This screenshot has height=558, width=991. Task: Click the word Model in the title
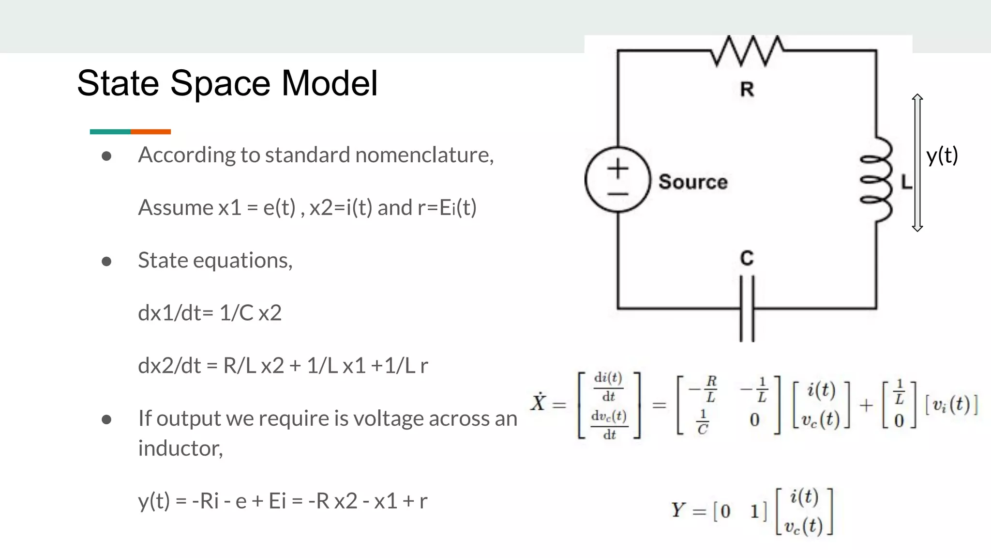(329, 83)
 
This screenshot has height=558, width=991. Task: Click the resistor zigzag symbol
(747, 50)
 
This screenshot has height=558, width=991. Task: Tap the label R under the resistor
(747, 90)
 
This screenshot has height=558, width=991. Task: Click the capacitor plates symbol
(747, 309)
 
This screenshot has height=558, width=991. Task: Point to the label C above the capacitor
(747, 258)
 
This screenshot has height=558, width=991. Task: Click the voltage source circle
(617, 180)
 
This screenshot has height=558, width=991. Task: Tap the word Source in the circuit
(692, 182)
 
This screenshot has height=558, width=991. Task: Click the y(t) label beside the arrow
(942, 156)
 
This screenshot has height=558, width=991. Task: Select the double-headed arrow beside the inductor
(917, 163)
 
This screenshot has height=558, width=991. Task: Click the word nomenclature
(424, 155)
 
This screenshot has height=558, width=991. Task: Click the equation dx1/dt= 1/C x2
(210, 313)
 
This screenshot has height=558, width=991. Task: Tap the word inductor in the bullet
(180, 448)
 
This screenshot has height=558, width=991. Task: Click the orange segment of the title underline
(150, 132)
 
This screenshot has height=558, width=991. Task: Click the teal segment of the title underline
(110, 132)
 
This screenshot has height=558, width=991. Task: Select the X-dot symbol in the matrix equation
(538, 402)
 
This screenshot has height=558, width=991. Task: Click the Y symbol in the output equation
(677, 510)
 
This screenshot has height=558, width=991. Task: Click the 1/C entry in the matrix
(703, 421)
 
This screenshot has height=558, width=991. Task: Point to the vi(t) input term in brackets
(951, 405)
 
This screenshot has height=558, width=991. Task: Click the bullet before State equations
(106, 262)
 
